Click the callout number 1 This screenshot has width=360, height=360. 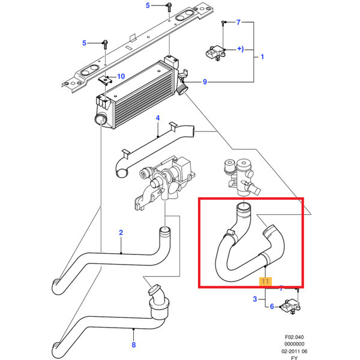click(x=262, y=58)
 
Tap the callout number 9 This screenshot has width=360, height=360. click(x=205, y=82)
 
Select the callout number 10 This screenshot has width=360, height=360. click(x=121, y=76)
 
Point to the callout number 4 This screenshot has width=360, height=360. click(x=157, y=118)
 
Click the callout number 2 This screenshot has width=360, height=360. click(x=121, y=232)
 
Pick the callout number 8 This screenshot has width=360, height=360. click(x=133, y=345)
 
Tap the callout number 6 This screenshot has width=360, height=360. click(x=271, y=307)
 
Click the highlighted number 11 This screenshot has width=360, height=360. click(x=265, y=280)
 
